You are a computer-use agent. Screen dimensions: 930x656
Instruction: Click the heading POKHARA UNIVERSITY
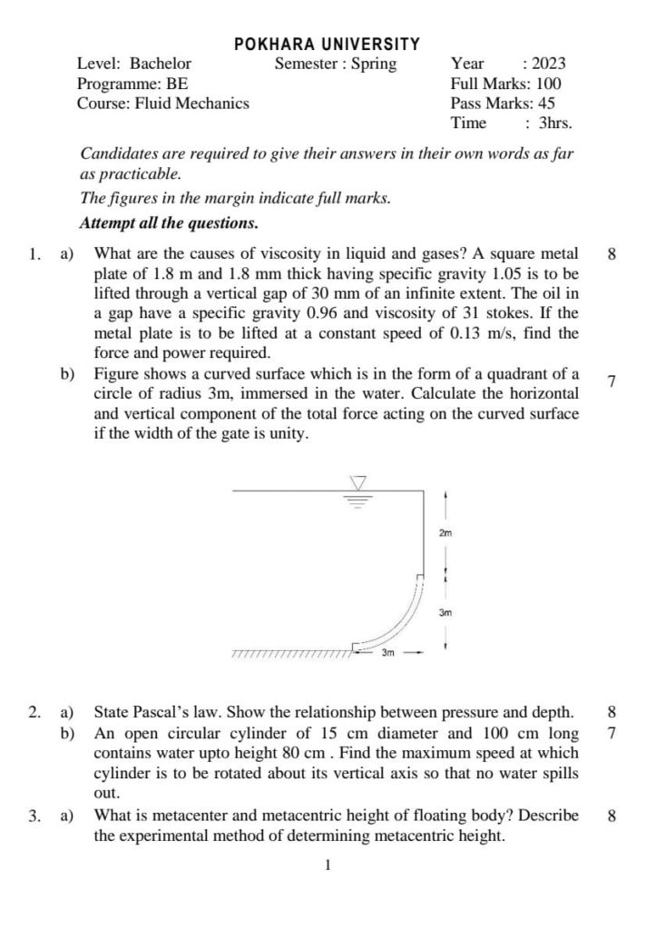click(328, 44)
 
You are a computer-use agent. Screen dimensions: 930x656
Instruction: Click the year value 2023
click(549, 64)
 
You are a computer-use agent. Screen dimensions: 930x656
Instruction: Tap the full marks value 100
click(549, 84)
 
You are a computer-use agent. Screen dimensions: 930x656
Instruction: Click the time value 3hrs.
click(555, 124)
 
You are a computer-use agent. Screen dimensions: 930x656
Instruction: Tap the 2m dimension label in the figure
click(445, 534)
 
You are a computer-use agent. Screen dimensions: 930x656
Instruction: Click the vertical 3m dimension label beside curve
click(445, 613)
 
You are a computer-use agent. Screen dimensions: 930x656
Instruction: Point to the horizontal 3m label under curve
click(387, 652)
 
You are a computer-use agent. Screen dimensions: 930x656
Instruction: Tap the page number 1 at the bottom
click(328, 865)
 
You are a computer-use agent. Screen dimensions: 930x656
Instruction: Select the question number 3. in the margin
click(34, 816)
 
